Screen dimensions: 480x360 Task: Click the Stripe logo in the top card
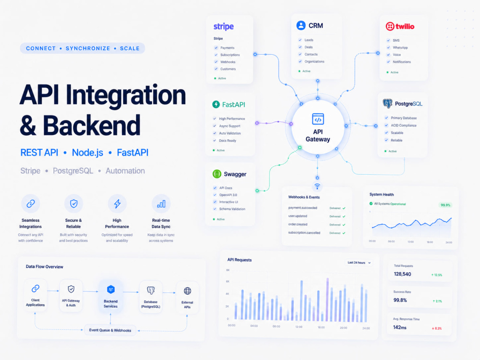point(224,26)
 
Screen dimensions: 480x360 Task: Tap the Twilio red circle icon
point(390,26)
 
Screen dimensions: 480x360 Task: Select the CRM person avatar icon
point(301,25)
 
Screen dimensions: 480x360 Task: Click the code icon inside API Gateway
point(318,119)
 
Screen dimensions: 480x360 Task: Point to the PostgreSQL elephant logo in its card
point(387,104)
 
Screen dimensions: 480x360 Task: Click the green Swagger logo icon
point(217,174)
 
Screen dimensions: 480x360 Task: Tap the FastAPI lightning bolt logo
point(216,104)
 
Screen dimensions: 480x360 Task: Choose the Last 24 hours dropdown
point(359,263)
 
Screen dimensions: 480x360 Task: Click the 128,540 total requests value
point(402,274)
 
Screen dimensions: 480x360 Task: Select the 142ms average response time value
point(399,327)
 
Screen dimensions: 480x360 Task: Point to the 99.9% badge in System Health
point(445,205)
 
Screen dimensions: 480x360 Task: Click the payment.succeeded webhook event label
point(302,208)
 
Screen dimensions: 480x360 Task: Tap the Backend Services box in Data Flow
point(110,296)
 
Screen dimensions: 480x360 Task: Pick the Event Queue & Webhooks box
point(110,330)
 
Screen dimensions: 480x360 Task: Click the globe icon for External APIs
point(187,290)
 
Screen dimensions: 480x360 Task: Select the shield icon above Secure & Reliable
point(73,204)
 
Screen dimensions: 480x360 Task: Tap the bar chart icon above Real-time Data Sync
point(161,204)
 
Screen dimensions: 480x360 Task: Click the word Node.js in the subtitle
point(87,153)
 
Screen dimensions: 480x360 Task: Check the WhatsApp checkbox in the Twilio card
point(388,48)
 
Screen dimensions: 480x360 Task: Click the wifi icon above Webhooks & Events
point(317,186)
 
